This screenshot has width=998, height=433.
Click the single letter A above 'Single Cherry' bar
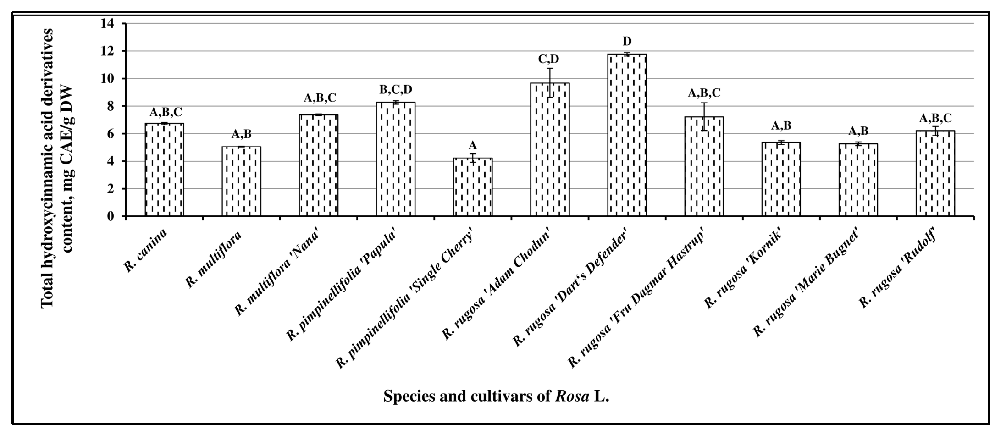(473, 145)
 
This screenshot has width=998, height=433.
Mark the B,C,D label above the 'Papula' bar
(395, 89)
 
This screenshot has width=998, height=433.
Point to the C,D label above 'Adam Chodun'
(549, 59)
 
